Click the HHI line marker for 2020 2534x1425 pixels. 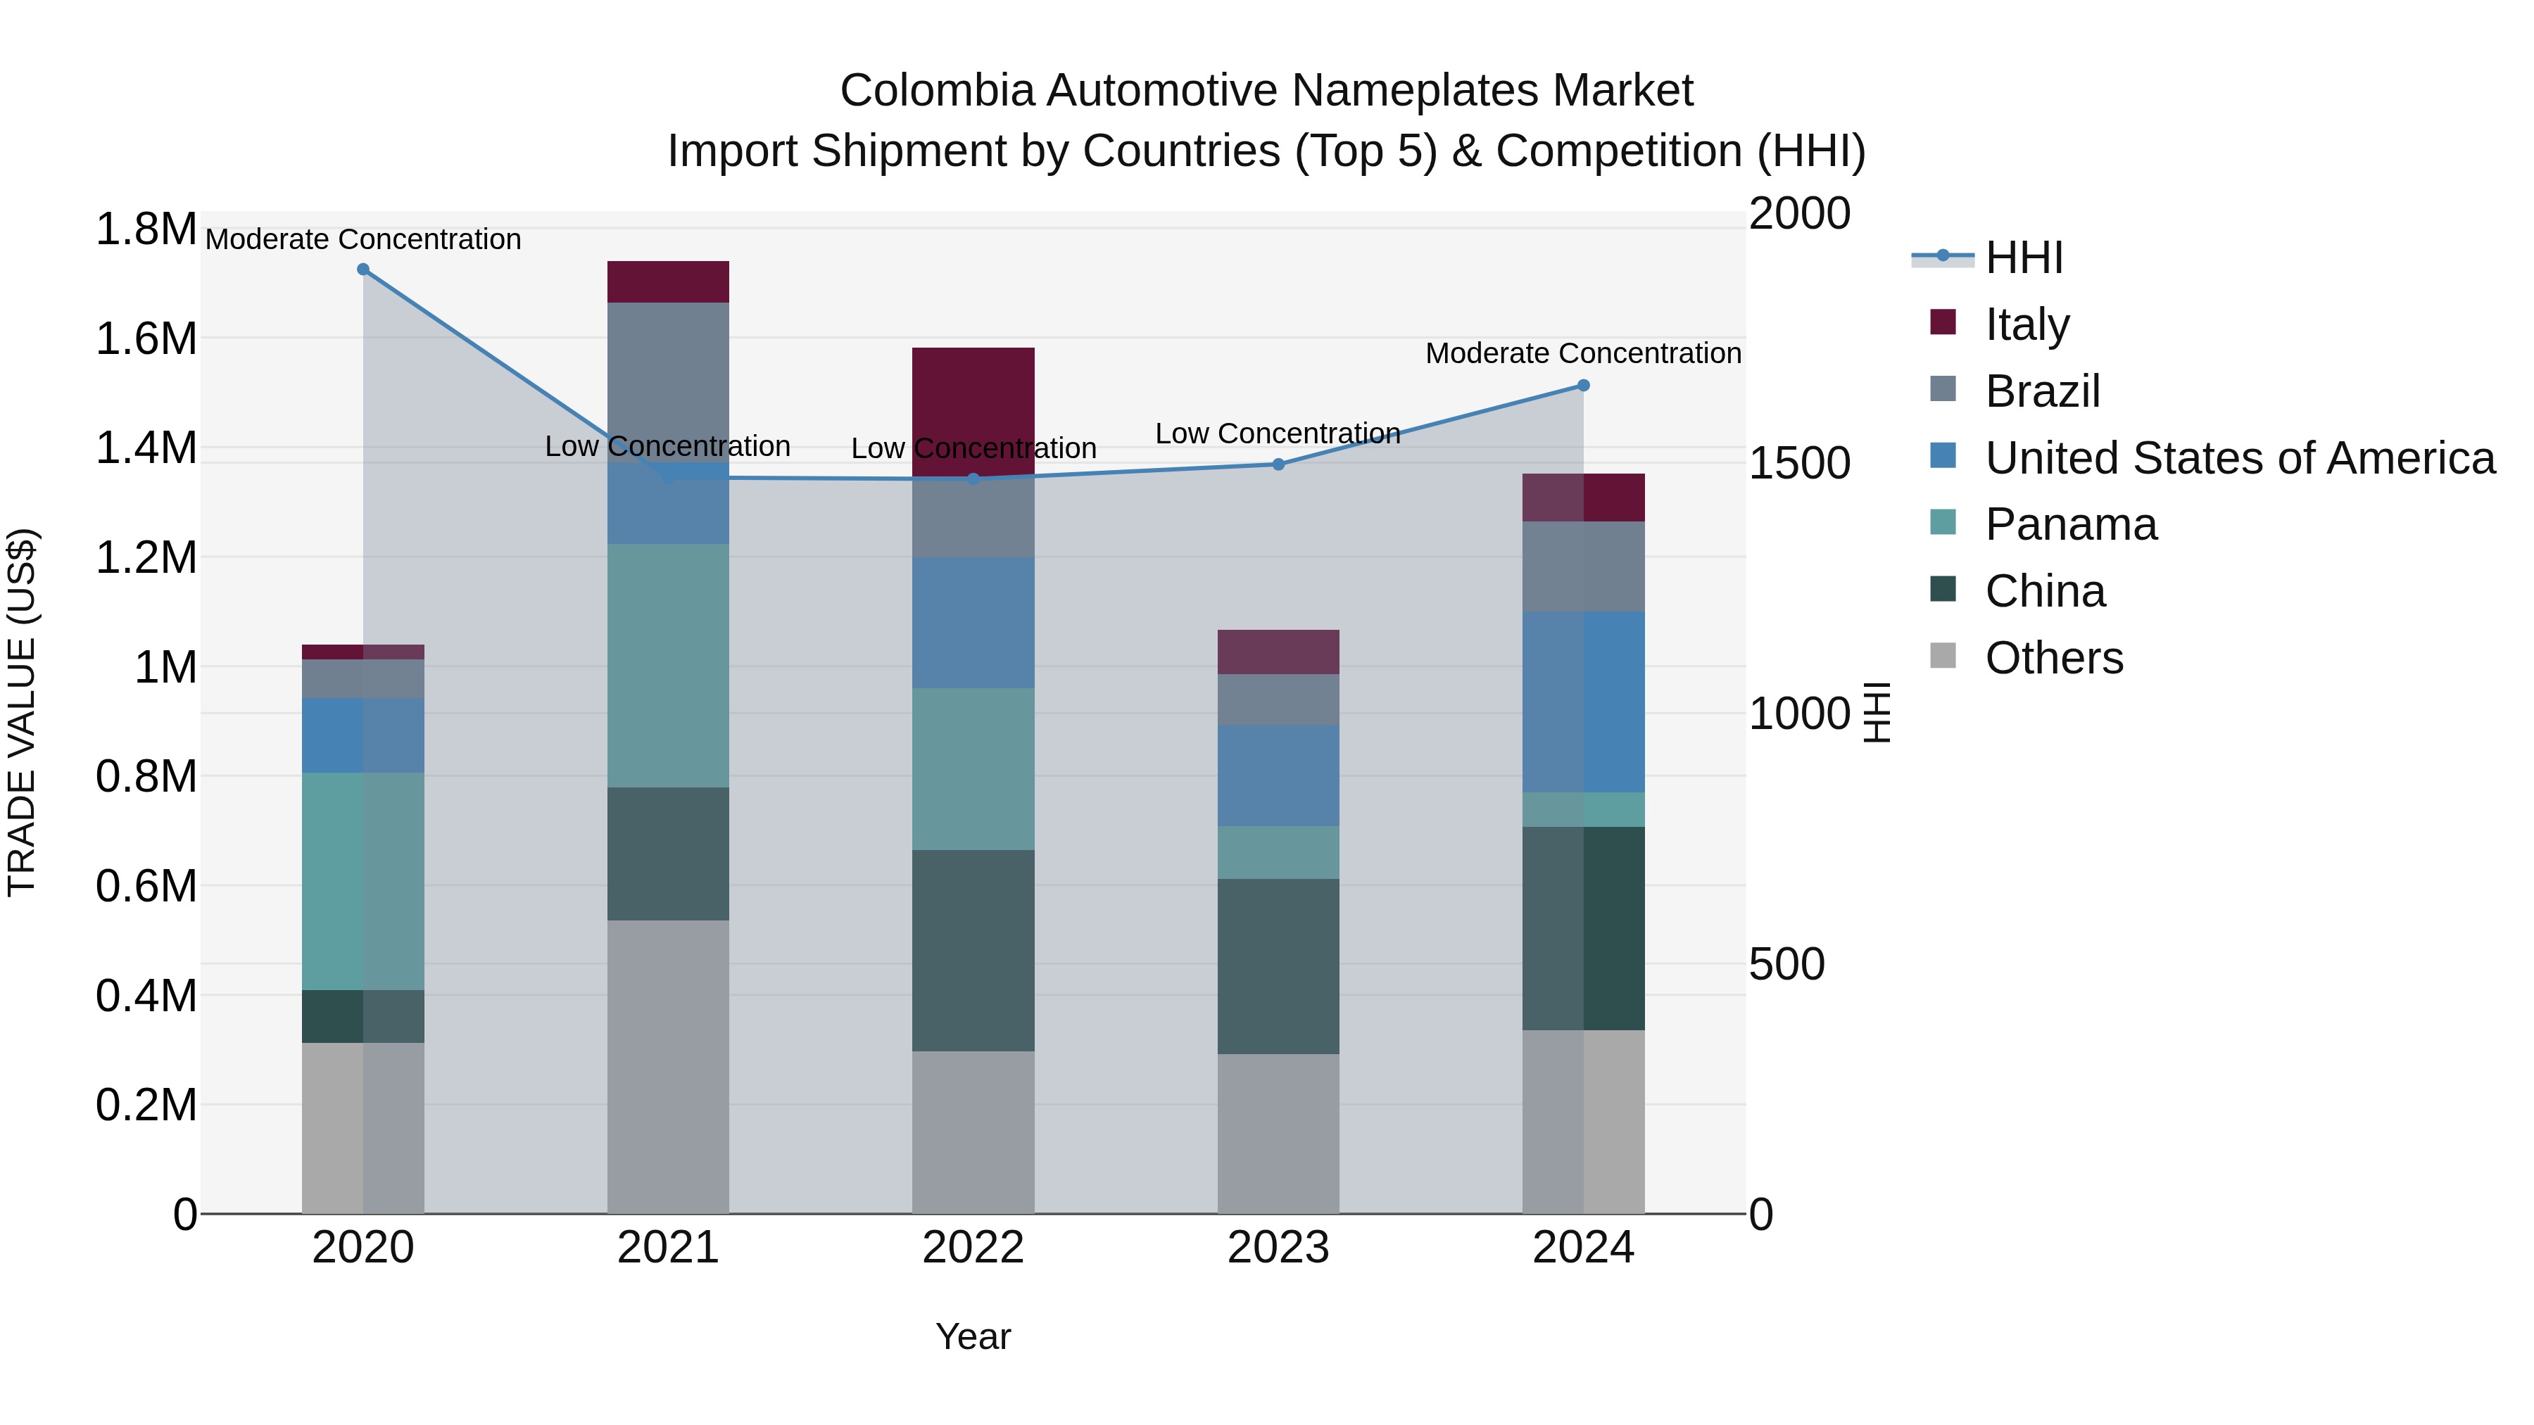coord(363,270)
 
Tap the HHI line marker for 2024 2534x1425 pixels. coord(1583,386)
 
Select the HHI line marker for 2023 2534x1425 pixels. coord(1278,464)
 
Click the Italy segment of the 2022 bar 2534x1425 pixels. coord(973,408)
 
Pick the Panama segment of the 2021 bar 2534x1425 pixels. coord(668,665)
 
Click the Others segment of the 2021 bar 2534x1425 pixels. coord(668,1066)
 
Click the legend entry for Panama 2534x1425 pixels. coord(2069,524)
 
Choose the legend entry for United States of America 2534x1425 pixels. coord(2239,458)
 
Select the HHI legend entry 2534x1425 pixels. coord(2022,258)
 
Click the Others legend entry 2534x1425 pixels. coord(2053,658)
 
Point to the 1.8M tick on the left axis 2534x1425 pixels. coord(146,229)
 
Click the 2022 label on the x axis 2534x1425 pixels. coord(973,1248)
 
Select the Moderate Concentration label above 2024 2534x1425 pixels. coord(1583,353)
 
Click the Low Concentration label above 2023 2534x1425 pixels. coord(1277,433)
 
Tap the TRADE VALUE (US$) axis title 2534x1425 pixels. coord(22,712)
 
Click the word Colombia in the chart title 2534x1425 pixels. coord(935,91)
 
